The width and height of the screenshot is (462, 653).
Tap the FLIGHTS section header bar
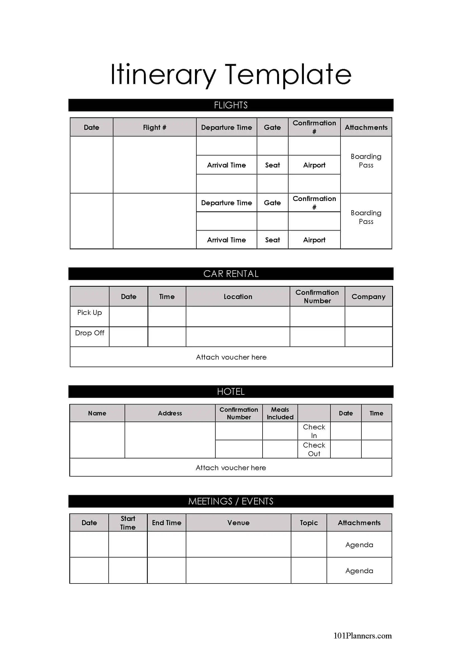(x=231, y=105)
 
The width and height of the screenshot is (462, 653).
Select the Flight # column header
(x=154, y=127)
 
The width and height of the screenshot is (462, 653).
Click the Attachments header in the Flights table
(x=366, y=127)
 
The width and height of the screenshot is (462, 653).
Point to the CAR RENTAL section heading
(x=231, y=274)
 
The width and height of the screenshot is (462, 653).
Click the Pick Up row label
(x=90, y=313)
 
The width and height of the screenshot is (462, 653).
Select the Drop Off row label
(x=90, y=333)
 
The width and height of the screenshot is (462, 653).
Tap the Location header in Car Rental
(x=238, y=297)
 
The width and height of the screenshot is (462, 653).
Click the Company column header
(x=368, y=297)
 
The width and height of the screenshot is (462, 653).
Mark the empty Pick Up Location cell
(x=238, y=317)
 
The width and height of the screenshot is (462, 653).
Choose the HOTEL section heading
(x=231, y=392)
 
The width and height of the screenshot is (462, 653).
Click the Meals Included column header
(x=280, y=413)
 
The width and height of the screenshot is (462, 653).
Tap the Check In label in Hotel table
(x=314, y=431)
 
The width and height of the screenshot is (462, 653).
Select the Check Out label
(x=314, y=449)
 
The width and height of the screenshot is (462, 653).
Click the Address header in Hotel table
(x=170, y=413)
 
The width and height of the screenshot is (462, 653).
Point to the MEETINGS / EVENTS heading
(x=231, y=501)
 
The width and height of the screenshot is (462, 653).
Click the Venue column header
(x=238, y=523)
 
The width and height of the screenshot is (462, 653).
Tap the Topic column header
(x=309, y=523)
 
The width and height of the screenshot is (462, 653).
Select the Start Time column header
(x=128, y=523)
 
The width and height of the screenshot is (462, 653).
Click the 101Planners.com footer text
(x=363, y=636)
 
